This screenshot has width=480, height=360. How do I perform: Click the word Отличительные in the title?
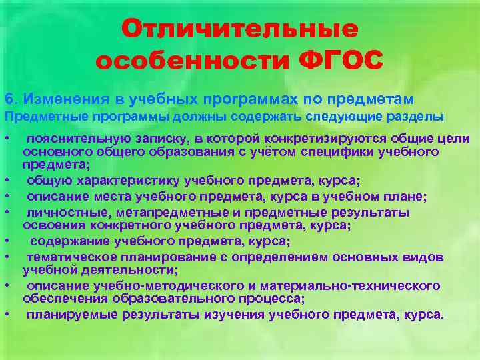[240, 29]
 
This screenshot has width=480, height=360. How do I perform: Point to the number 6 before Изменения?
[8, 99]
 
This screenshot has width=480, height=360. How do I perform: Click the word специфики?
[309, 151]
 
